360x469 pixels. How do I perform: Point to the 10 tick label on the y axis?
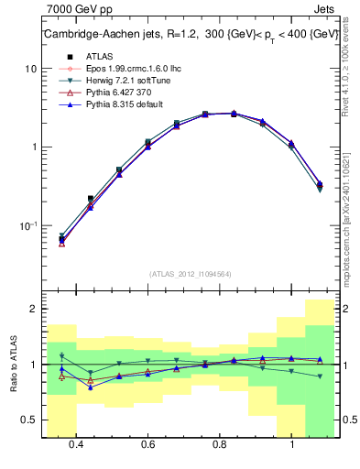coord(30,69)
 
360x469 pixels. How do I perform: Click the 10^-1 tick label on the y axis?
coord(28,225)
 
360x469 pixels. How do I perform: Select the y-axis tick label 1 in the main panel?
coord(33,147)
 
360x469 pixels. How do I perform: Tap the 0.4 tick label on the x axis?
coord(76,445)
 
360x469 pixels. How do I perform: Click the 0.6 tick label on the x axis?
coord(147,445)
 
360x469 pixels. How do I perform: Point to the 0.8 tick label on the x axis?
coord(220,445)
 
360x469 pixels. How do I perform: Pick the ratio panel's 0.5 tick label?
coord(28,420)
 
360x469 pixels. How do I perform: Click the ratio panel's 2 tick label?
coord(33,309)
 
